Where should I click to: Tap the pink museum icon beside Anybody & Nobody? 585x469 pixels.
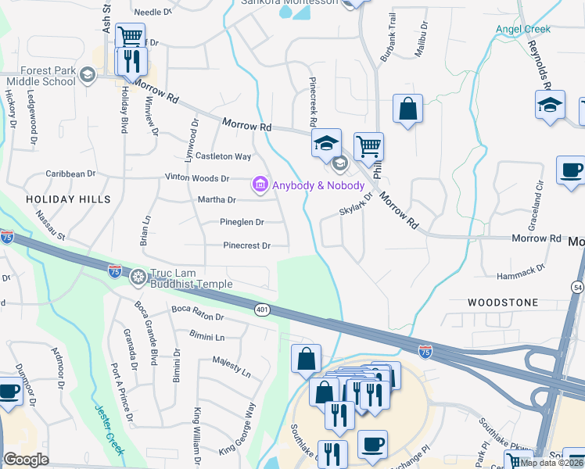tap(258, 184)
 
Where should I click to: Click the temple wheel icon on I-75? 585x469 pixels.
tap(138, 276)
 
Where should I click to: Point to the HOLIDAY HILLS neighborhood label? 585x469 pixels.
tap(69, 199)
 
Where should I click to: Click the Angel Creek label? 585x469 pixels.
tap(522, 30)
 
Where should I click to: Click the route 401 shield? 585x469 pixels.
tap(261, 310)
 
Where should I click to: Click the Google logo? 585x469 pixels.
tap(26, 459)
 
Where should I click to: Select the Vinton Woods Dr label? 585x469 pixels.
tap(197, 178)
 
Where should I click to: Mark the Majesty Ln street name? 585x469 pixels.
tap(231, 367)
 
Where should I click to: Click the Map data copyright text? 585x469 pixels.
tap(552, 463)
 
